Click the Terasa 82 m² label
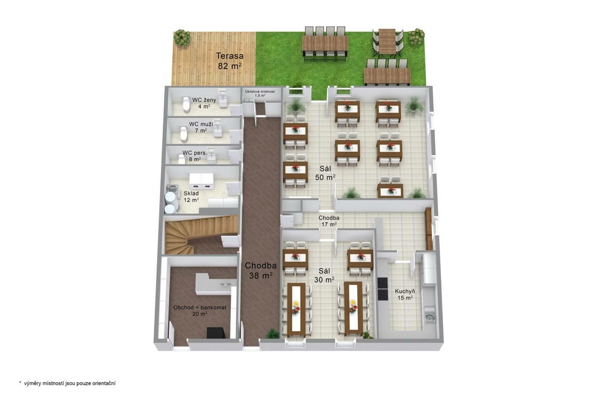tap(229, 61)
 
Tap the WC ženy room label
tap(204, 103)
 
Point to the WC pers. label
tap(195, 156)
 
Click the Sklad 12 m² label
tap(191, 196)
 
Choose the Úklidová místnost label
tap(260, 93)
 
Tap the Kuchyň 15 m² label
tap(405, 294)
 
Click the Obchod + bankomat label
tap(200, 311)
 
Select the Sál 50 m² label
tap(325, 173)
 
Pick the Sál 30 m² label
tap(324, 275)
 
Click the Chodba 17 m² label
tap(328, 221)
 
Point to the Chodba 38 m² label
tap(261, 270)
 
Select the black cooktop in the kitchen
tap(383, 289)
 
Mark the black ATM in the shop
tap(216, 333)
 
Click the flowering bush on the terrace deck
tap(182, 38)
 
